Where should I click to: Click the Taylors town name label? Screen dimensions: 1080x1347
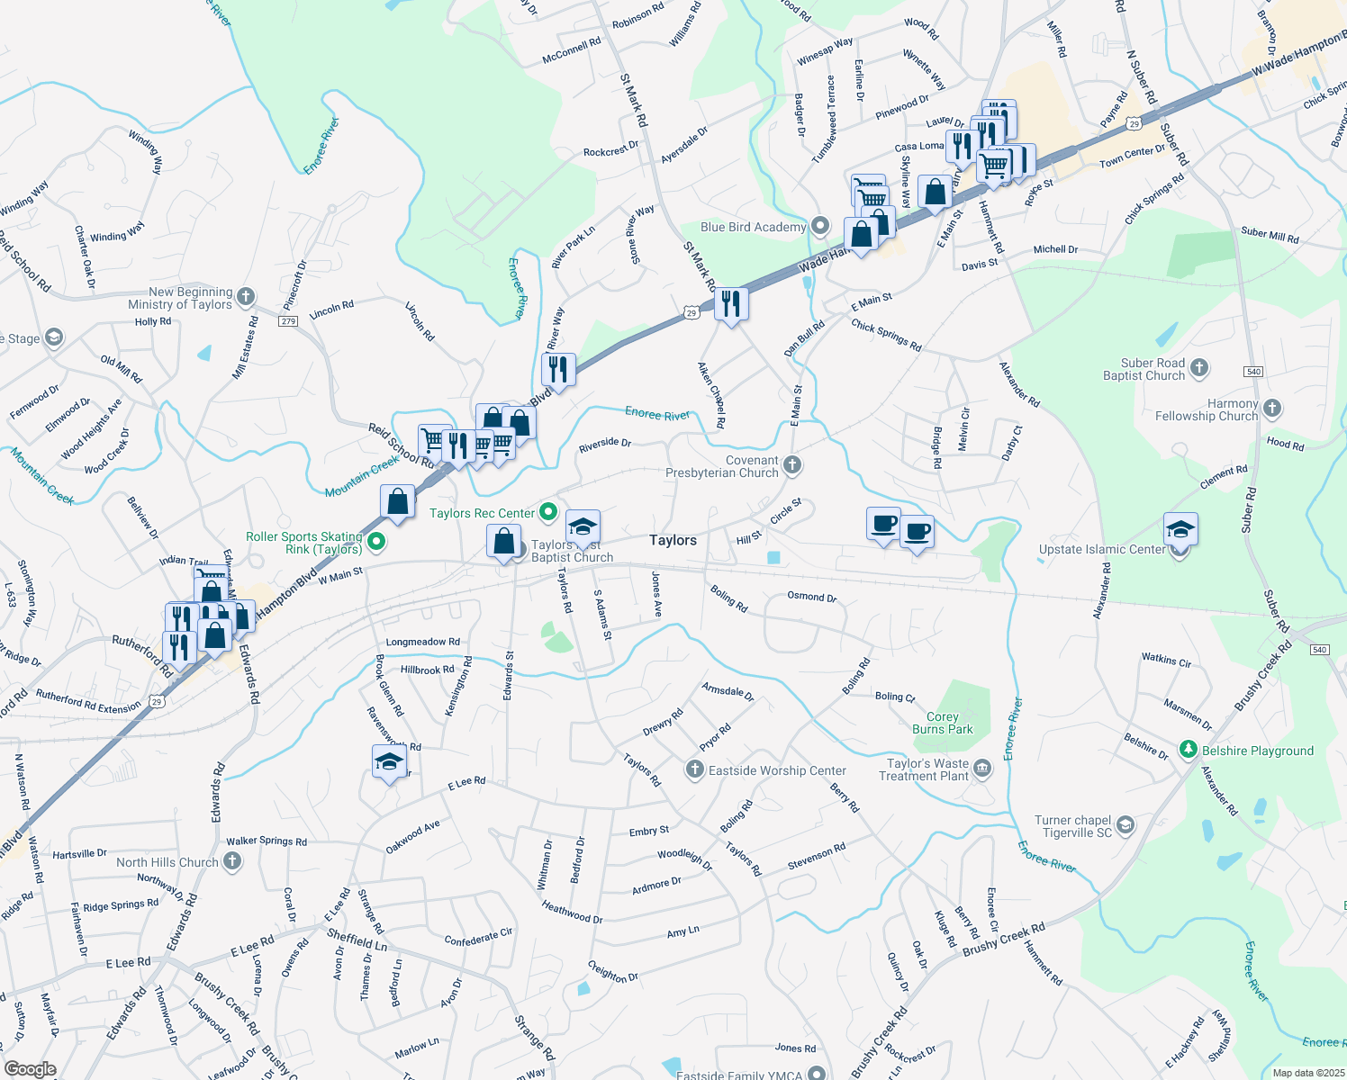673,540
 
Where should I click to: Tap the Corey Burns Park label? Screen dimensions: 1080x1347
942,723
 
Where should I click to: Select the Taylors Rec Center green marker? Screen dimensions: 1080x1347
548,513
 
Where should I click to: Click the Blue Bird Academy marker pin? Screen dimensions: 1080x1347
819,226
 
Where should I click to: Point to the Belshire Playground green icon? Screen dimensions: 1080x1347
1189,750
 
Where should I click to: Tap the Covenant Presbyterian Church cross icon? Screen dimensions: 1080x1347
792,465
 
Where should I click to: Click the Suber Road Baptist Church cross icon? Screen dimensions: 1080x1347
1198,367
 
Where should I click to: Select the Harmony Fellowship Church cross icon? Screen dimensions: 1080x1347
1271,409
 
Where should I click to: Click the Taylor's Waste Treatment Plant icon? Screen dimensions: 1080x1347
982,769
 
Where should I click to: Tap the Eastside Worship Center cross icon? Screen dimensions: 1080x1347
694,769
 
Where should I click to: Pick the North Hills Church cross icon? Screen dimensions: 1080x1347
232,861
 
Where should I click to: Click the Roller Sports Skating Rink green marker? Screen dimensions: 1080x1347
377,542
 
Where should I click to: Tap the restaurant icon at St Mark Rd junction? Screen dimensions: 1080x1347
731,303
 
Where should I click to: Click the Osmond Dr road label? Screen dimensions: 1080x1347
812,597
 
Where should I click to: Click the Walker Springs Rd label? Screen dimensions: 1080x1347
267,841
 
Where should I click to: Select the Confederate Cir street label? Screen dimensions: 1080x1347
478,937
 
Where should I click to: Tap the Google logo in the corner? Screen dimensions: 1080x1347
31,1069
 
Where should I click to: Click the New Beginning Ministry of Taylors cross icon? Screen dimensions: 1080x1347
246,297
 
